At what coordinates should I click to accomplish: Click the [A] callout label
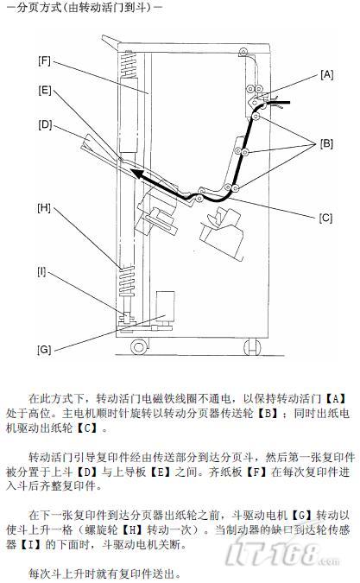326,75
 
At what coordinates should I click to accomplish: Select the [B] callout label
326,143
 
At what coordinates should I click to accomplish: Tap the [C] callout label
325,218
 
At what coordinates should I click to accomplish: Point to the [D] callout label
45,125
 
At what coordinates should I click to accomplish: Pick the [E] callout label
45,91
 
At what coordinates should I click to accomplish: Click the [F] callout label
44,60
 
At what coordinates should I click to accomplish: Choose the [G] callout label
44,350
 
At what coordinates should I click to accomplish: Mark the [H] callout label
44,207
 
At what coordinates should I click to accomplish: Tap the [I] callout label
41,272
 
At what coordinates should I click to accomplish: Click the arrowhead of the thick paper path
136,174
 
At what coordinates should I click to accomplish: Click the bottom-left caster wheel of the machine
139,347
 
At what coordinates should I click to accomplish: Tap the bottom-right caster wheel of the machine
252,347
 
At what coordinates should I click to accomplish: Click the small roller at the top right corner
243,51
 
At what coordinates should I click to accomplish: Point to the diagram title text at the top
85,8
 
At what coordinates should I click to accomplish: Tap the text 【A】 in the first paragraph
336,398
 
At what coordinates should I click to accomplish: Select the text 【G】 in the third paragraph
301,516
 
